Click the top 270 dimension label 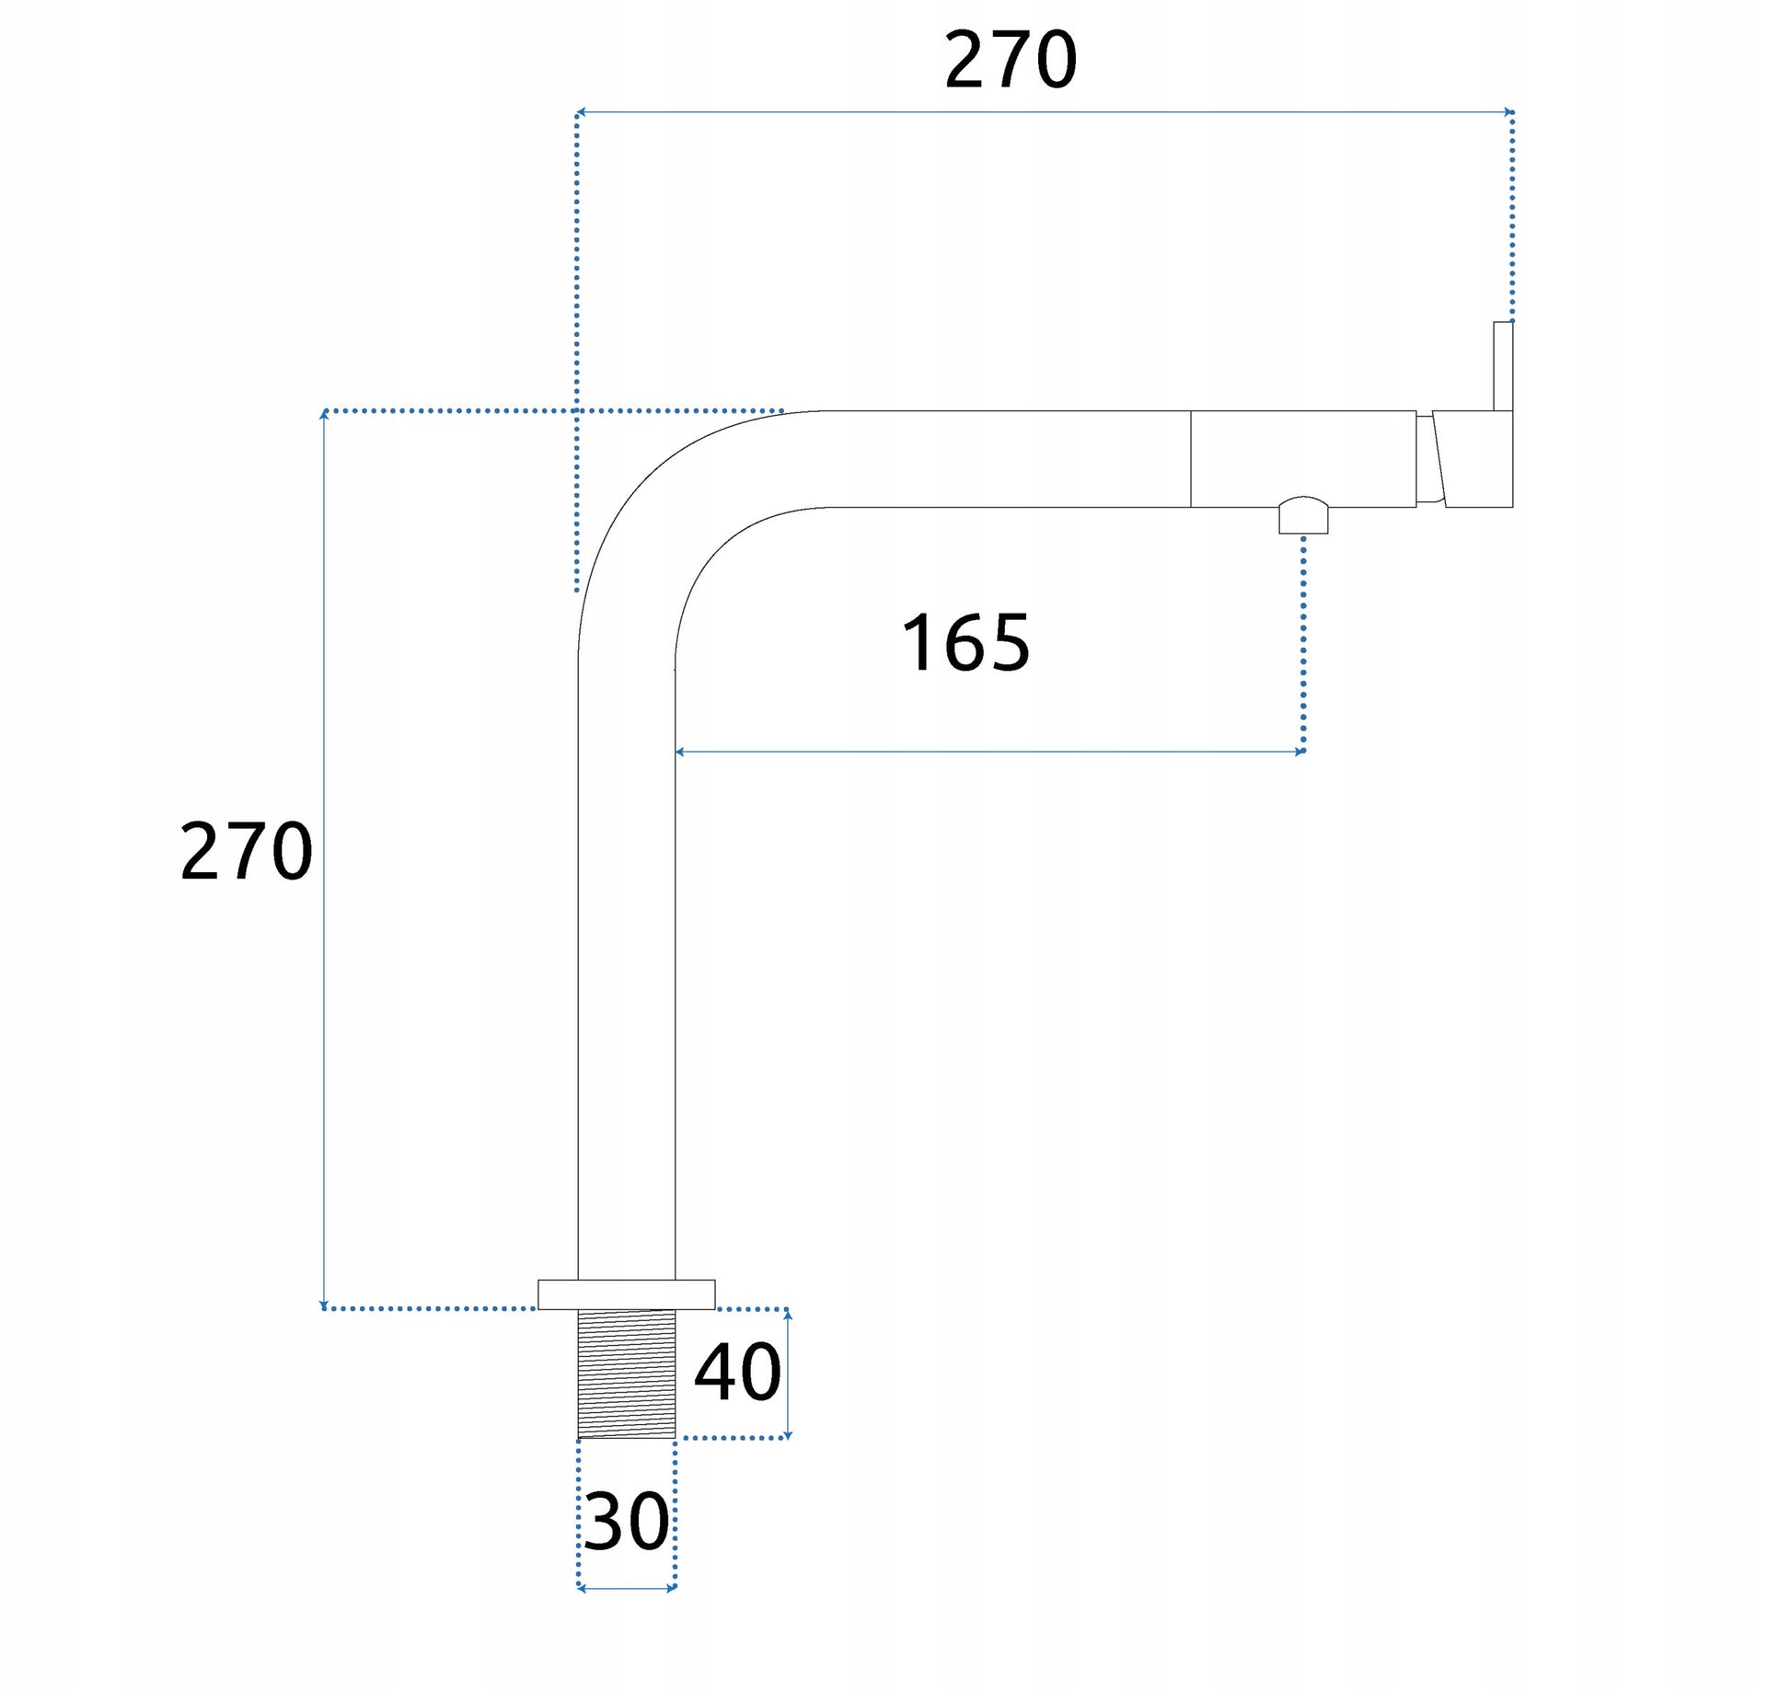click(1011, 60)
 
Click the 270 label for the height click(247, 852)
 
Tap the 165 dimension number click(965, 643)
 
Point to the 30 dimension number click(627, 1522)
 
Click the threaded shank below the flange click(626, 1374)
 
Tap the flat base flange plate click(626, 1294)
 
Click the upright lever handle click(1503, 365)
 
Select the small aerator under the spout click(1303, 515)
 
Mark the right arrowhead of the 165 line click(1300, 752)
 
